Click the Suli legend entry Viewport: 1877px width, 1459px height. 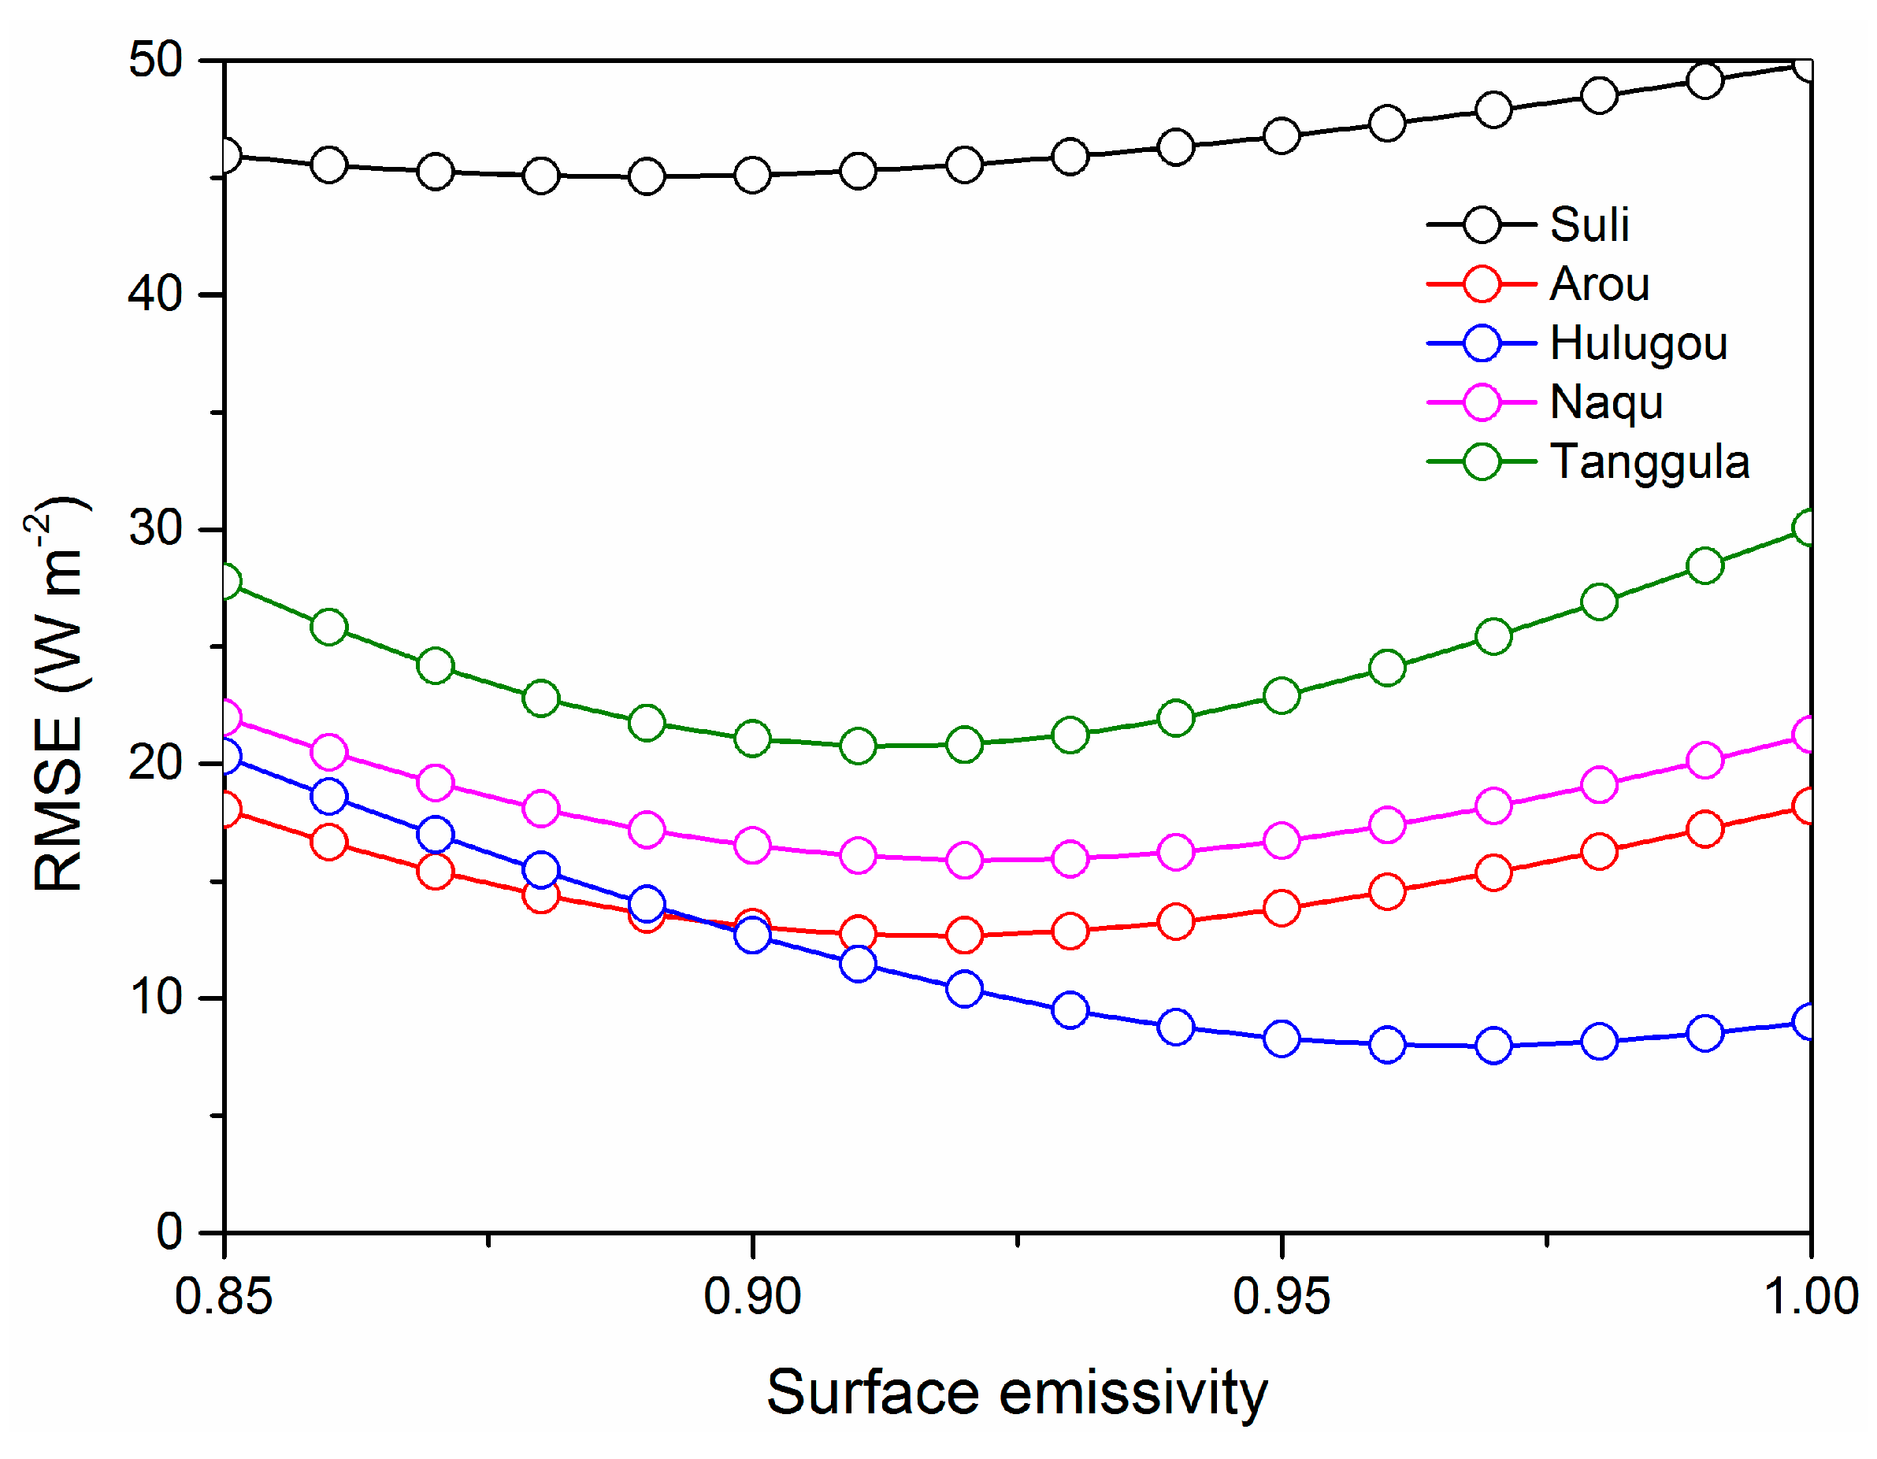(x=1589, y=224)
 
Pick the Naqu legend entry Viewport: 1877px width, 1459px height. (x=1606, y=402)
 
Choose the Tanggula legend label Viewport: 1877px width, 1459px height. (x=1649, y=461)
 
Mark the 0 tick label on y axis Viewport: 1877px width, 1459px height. (x=169, y=1231)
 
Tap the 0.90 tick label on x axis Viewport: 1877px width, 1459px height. (x=752, y=1296)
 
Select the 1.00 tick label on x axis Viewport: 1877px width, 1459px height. (x=1810, y=1296)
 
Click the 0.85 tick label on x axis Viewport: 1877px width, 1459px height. (x=224, y=1296)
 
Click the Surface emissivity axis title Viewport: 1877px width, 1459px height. (x=1017, y=1392)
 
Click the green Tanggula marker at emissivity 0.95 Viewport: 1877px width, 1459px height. (x=1282, y=694)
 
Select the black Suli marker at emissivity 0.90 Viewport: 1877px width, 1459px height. (x=752, y=176)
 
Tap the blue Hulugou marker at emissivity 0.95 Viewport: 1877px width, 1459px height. (x=1282, y=1039)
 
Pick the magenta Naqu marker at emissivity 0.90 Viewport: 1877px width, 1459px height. (x=752, y=846)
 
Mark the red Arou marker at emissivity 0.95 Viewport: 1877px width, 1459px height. (x=1282, y=908)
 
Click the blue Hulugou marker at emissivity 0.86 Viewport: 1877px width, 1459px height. (x=329, y=796)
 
